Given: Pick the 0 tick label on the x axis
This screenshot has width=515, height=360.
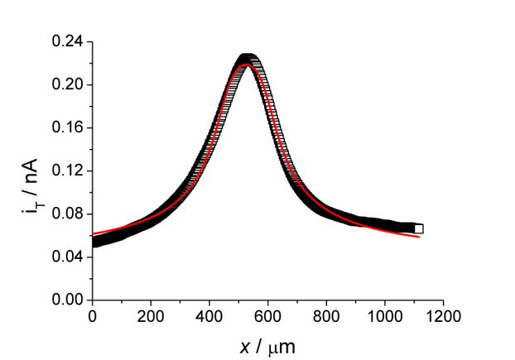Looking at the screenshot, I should pos(93,316).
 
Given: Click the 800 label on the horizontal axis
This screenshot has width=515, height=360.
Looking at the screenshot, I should pos(326,316).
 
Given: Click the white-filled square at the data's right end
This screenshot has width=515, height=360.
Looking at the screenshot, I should pos(419,228).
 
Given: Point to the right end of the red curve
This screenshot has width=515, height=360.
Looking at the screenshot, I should pos(419,237).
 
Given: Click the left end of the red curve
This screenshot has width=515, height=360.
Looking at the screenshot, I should pos(94,234).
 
